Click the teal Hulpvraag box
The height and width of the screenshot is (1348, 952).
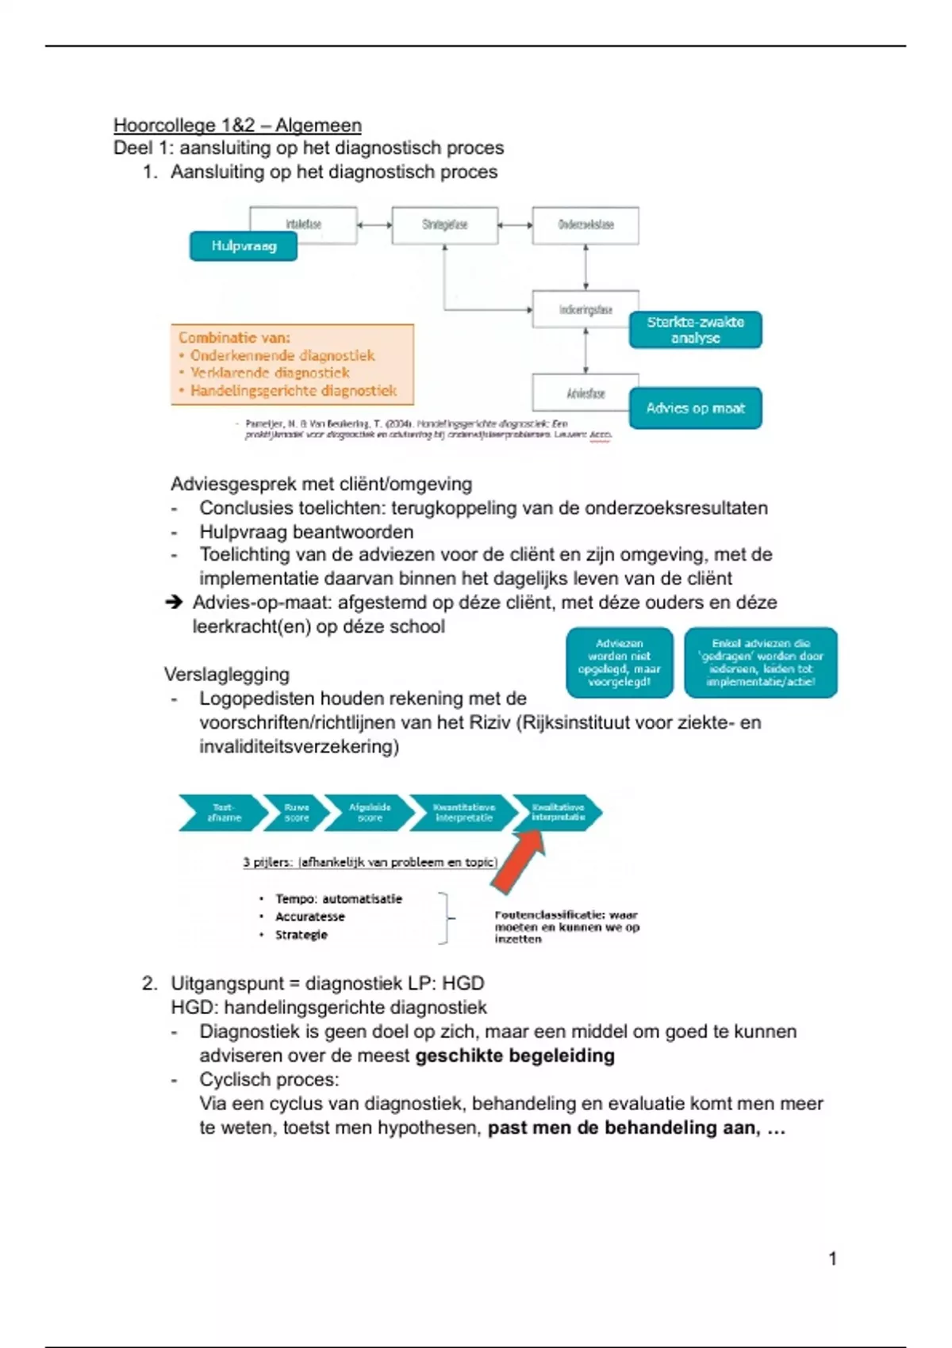pyautogui.click(x=244, y=246)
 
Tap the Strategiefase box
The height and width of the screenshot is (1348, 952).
pyautogui.click(x=445, y=225)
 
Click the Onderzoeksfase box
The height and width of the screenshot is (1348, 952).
pyautogui.click(x=585, y=225)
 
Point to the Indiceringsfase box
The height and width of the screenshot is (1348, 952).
pyautogui.click(x=585, y=310)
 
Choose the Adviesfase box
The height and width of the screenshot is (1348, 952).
pyautogui.click(x=585, y=393)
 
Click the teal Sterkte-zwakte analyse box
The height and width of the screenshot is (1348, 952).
pyautogui.click(x=695, y=330)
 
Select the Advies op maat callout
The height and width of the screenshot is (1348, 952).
pyautogui.click(x=695, y=408)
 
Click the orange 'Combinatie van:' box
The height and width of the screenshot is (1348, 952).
pyautogui.click(x=292, y=365)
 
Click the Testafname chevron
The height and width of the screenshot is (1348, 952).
pyautogui.click(x=221, y=813)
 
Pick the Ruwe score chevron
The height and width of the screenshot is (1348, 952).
pyautogui.click(x=295, y=813)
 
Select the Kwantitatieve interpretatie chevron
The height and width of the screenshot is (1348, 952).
pyautogui.click(x=463, y=813)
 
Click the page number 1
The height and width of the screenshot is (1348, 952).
pyautogui.click(x=832, y=1258)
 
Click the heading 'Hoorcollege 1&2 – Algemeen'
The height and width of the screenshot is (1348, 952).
pyautogui.click(x=237, y=125)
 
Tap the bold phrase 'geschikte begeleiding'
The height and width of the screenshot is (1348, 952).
pyautogui.click(x=515, y=1056)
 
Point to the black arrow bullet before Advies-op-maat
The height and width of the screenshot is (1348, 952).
pyautogui.click(x=174, y=603)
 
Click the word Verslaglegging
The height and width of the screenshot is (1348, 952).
pyautogui.click(x=227, y=675)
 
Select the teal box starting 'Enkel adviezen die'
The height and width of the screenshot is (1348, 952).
pyautogui.click(x=760, y=663)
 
